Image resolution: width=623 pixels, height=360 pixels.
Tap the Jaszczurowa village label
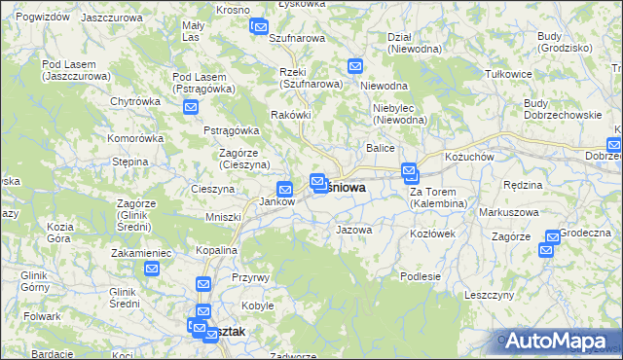[110, 18]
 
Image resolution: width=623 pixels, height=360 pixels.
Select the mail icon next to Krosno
[259, 26]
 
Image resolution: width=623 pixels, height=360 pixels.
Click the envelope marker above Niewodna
[355, 67]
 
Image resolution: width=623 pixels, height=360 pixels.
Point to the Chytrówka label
[134, 100]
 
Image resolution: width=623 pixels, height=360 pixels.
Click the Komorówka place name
[135, 138]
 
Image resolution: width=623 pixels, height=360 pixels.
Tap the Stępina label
[129, 162]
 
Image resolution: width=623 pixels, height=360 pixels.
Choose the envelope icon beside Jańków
[285, 190]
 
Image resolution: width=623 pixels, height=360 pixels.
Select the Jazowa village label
[353, 231]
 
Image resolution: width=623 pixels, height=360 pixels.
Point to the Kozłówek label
[433, 234]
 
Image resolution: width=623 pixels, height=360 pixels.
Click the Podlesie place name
[420, 276]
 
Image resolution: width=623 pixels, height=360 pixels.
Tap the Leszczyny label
[489, 295]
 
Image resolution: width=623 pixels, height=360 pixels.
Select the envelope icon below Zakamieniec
[151, 270]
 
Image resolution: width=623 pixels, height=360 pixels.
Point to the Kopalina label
[215, 250]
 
